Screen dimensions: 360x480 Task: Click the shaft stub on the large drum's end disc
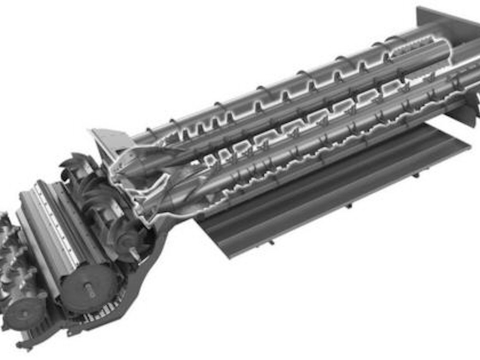click(x=90, y=288)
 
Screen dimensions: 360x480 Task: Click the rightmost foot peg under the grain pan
click(x=415, y=175)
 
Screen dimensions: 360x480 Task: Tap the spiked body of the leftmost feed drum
click(x=12, y=265)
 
